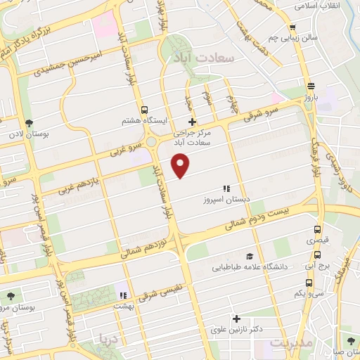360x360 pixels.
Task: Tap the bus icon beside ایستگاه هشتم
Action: coord(144,110)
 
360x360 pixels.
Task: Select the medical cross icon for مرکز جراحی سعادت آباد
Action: coord(192,122)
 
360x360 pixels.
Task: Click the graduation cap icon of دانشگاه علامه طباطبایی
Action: coord(249,257)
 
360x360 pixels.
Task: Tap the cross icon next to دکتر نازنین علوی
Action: coord(236,319)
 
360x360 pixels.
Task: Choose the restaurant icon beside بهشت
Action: coord(122,296)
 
